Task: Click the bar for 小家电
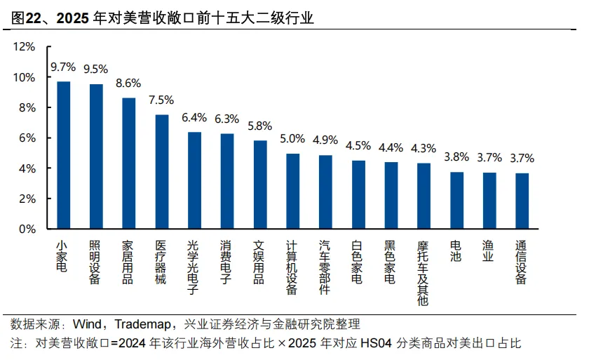[x=63, y=155]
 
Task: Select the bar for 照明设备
[x=96, y=156]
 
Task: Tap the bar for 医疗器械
[x=161, y=172]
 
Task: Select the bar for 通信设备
[x=522, y=201]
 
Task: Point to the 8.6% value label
[x=128, y=84]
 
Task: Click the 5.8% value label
[x=259, y=126]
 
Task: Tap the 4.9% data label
[x=325, y=140]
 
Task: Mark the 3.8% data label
[x=456, y=156]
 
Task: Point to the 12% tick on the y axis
[x=24, y=47]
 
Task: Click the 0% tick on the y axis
[x=27, y=229]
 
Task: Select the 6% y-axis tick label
[x=27, y=138]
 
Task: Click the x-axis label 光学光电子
[x=194, y=267]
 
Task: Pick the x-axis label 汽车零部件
[x=325, y=267]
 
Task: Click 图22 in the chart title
[x=26, y=19]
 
